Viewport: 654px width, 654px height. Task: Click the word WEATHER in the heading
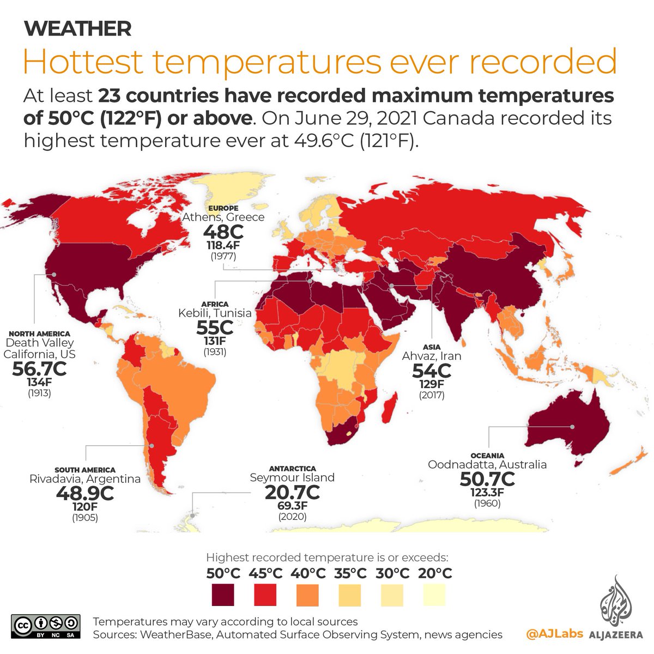coord(77,28)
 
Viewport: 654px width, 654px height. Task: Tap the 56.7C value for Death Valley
coord(39,369)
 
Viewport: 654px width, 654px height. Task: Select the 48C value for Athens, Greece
coord(223,232)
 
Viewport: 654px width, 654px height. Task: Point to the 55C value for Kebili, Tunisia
coord(215,328)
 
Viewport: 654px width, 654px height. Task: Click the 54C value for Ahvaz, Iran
coord(432,371)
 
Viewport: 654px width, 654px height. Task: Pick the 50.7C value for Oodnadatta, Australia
coord(487,479)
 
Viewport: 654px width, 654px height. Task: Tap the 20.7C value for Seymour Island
coord(292,492)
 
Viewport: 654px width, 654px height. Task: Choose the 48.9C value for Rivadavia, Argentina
coord(85,493)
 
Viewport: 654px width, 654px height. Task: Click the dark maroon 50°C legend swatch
coord(223,595)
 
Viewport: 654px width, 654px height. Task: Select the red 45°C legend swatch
coord(265,595)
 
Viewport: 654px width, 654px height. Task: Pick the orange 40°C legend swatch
coord(308,595)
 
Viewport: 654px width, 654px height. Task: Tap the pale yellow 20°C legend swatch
coord(434,595)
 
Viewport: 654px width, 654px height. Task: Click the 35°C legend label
coord(350,573)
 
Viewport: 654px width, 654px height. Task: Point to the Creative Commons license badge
coord(46,627)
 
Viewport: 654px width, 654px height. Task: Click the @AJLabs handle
coord(554,634)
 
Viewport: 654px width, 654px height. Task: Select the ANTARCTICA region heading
coord(292,469)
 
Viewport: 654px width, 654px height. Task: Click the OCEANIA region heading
coord(487,456)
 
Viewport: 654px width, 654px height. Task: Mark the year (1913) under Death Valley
coord(39,392)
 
